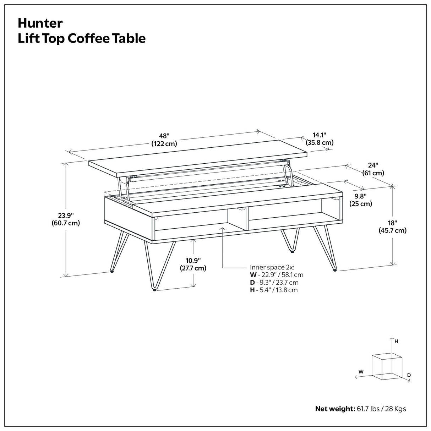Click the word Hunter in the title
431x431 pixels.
coord(40,23)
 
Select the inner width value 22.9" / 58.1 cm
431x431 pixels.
coord(277,275)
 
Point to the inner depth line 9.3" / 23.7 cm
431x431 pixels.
coord(274,283)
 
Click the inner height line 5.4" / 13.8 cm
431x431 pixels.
coord(274,290)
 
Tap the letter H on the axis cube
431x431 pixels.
coord(396,342)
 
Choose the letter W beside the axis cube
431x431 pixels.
coord(361,372)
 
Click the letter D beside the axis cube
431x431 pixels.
coord(409,375)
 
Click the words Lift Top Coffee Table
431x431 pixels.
coord(82,38)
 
